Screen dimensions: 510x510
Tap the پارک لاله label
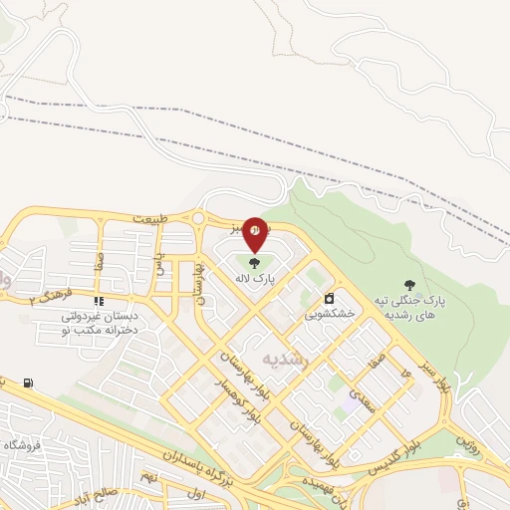coord(254,281)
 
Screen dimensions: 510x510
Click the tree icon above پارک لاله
coord(254,264)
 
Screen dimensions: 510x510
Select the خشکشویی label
coord(330,313)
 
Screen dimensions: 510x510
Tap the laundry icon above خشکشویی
coord(330,297)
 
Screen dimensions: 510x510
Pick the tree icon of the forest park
coord(409,285)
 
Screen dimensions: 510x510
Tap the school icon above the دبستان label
coord(99,301)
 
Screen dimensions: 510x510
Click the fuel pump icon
coord(27,382)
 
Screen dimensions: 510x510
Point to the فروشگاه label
coord(20,444)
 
